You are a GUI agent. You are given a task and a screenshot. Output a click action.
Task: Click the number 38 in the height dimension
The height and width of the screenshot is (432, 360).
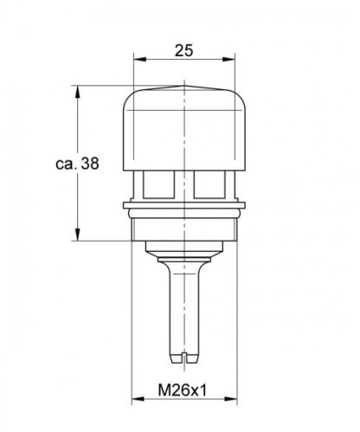[x=87, y=163]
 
